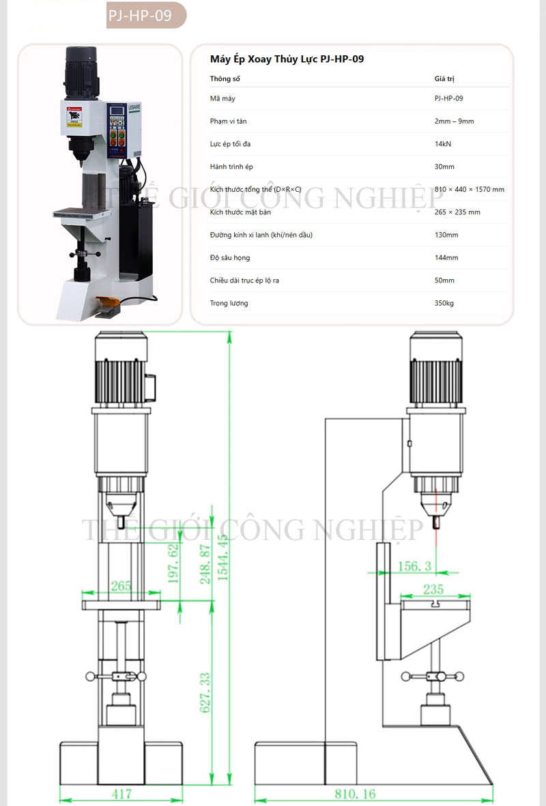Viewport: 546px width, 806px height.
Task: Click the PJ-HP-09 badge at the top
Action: pos(145,15)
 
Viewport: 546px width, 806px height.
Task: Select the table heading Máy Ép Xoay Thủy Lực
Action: pos(287,59)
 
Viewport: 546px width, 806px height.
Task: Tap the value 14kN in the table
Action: pos(443,144)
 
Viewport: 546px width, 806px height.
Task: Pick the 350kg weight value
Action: pos(444,303)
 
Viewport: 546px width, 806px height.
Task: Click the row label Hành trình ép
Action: pos(231,167)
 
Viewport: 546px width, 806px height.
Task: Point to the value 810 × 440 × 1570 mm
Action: pos(469,189)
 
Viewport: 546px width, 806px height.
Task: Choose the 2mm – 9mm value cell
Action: pos(454,121)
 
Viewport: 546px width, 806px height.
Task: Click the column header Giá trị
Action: pos(444,78)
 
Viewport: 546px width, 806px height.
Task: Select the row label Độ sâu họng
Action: pos(230,257)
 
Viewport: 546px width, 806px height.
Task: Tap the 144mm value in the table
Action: pos(446,257)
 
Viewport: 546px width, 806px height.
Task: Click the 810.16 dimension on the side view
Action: pos(355,794)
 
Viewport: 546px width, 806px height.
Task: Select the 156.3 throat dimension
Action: pos(414,566)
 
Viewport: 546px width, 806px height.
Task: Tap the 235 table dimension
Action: pos(433,589)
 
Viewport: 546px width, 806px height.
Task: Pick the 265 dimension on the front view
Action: pos(121,586)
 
